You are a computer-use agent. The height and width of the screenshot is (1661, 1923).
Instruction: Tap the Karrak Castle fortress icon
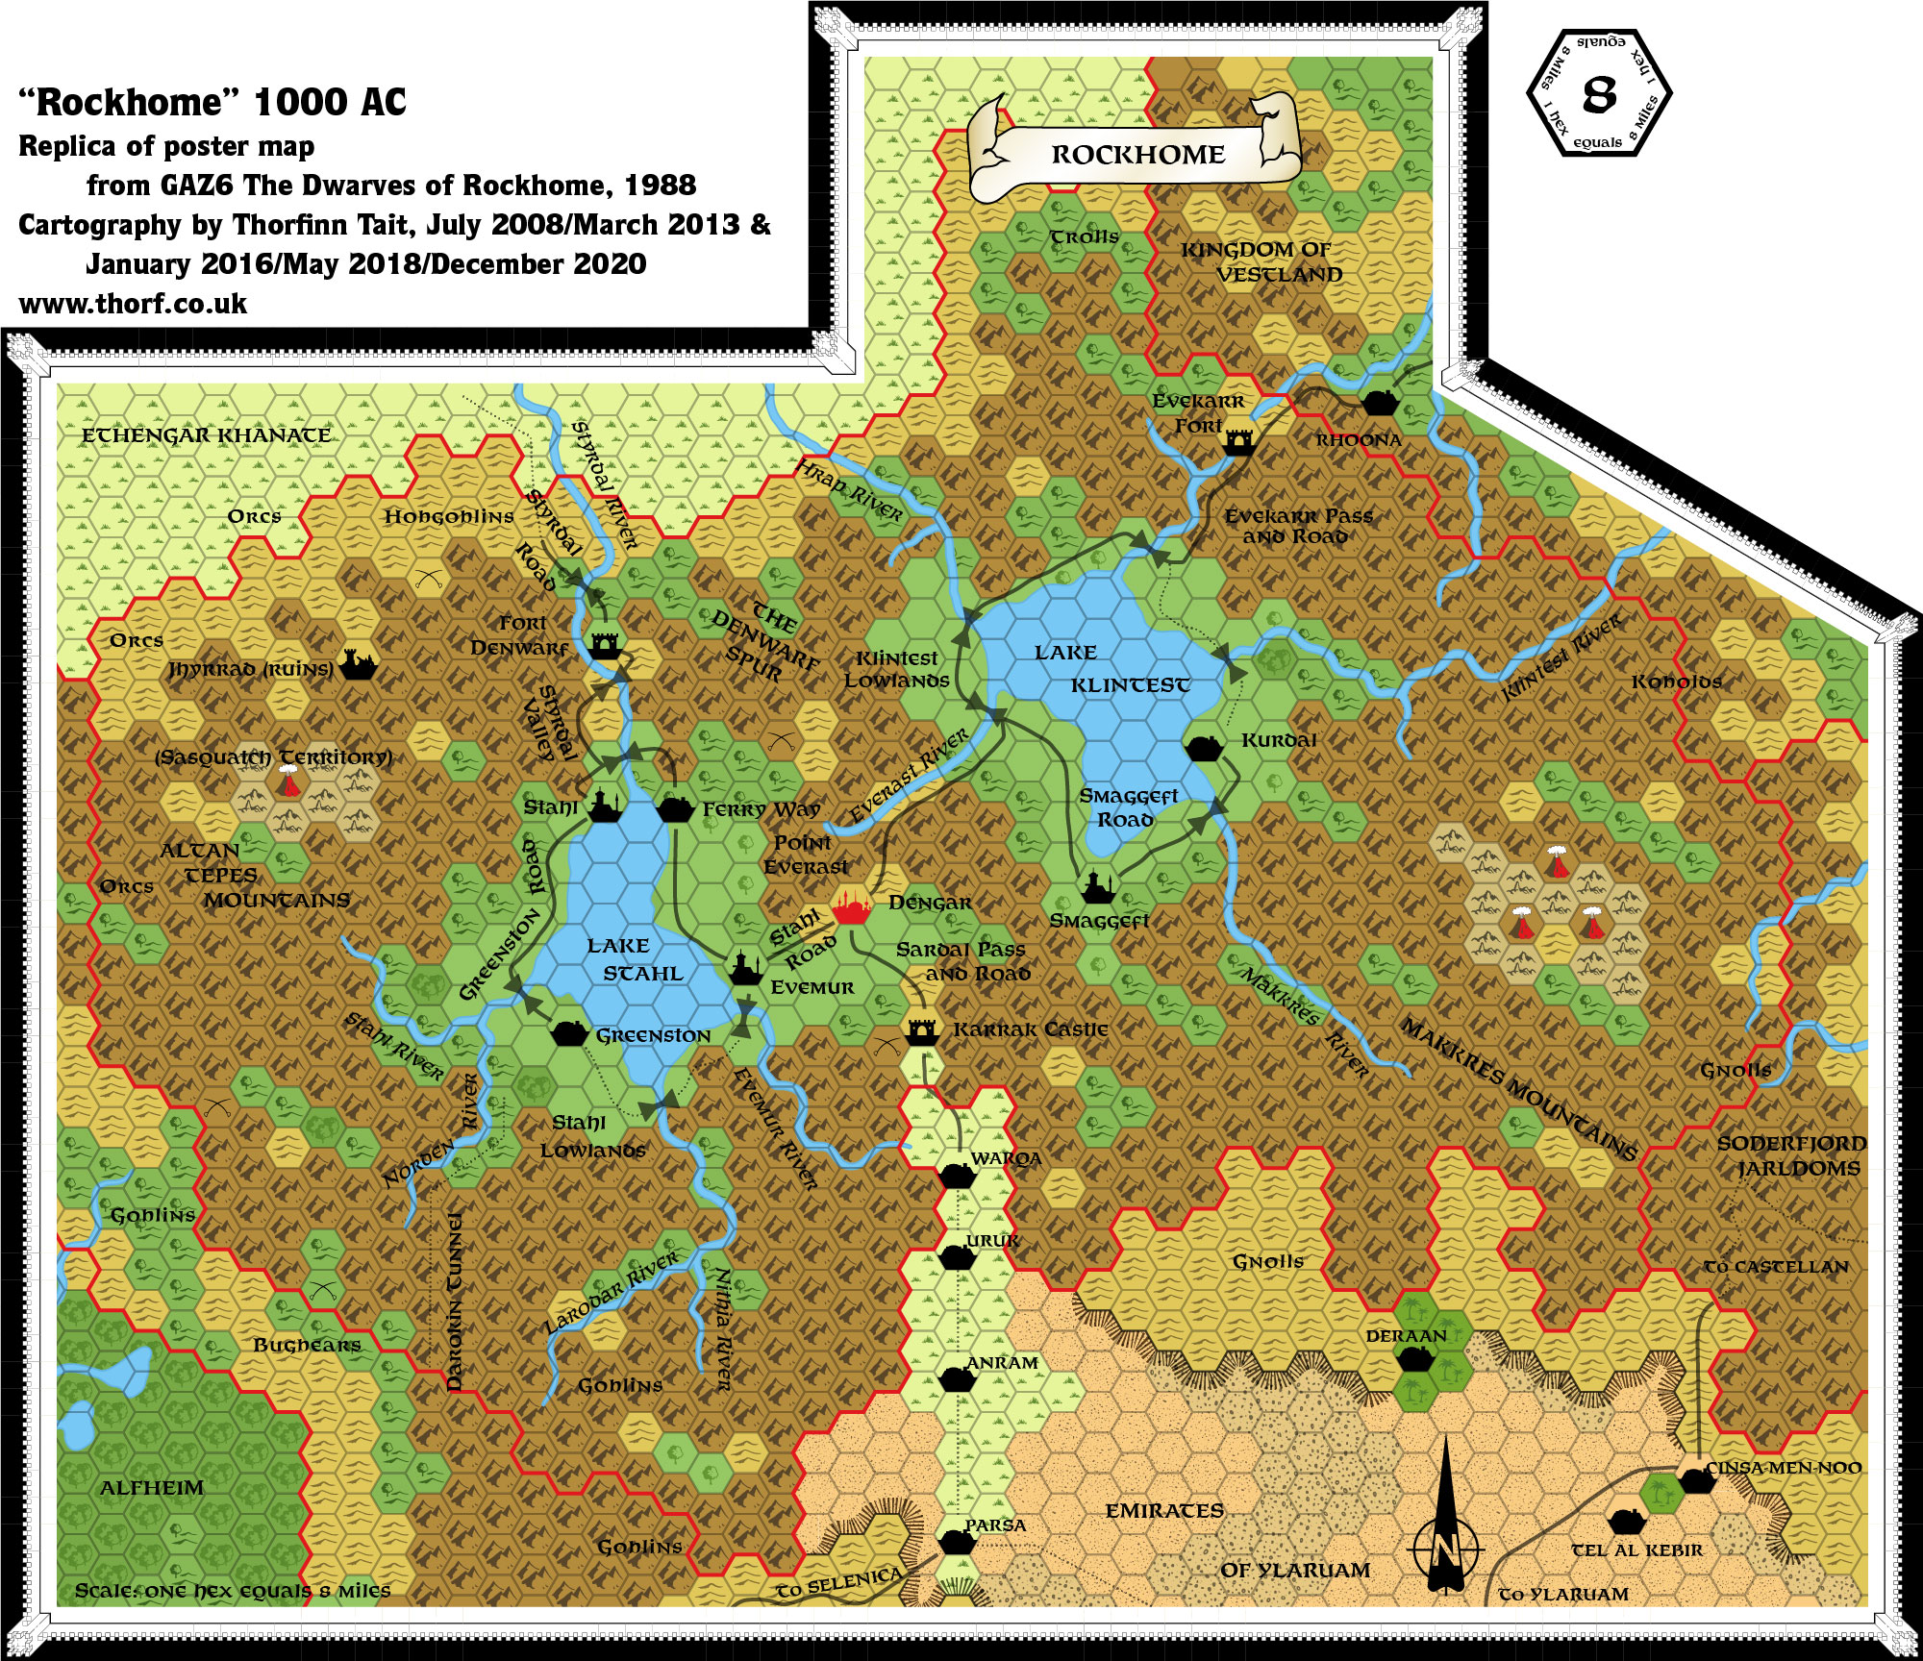tap(922, 1031)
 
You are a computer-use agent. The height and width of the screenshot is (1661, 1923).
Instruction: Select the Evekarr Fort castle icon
tap(1239, 442)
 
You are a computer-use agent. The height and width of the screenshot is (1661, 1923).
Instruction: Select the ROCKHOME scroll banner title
tap(1137, 155)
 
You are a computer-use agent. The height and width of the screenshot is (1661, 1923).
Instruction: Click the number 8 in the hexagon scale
tap(1599, 94)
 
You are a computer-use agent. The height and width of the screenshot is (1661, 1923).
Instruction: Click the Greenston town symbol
tap(569, 1033)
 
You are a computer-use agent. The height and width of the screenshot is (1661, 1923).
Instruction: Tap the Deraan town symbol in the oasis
tap(1414, 1358)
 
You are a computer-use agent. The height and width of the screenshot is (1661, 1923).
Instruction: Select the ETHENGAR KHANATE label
tap(206, 435)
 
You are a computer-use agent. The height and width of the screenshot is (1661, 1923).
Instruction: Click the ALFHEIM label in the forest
tap(152, 1488)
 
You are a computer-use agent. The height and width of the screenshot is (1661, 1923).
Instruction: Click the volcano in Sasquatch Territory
tap(287, 784)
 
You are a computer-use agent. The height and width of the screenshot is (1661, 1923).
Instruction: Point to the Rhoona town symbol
tap(1380, 403)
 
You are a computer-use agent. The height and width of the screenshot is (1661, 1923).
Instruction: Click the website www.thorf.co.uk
tap(133, 304)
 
